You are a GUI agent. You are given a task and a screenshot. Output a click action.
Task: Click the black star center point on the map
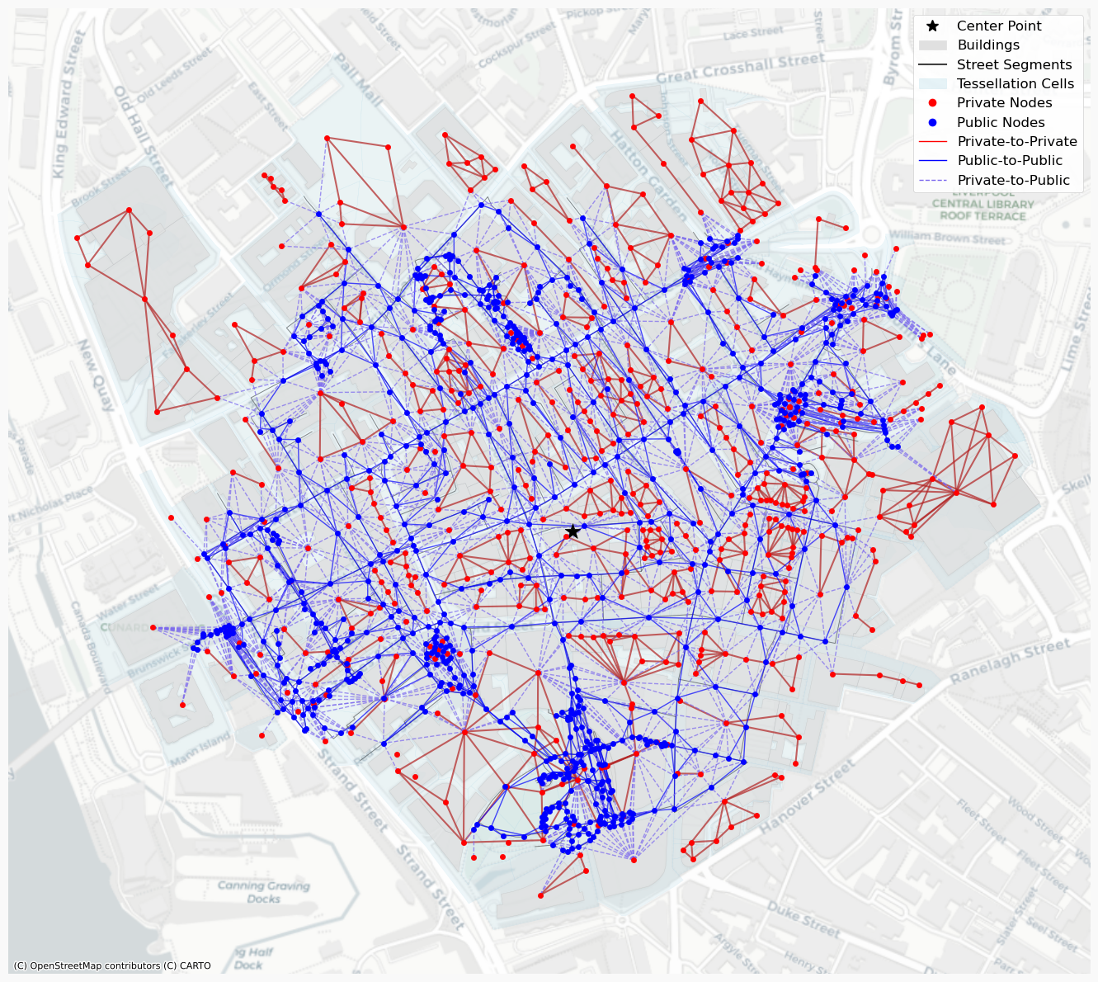tap(573, 531)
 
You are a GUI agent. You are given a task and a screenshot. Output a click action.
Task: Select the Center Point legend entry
tap(998, 26)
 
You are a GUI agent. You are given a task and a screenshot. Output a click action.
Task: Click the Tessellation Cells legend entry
tap(1015, 83)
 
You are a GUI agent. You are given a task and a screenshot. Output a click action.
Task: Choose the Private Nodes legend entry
tap(1004, 103)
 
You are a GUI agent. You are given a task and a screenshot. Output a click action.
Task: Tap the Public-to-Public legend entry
tap(1009, 161)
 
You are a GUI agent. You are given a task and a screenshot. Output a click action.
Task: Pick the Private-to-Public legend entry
tap(1013, 180)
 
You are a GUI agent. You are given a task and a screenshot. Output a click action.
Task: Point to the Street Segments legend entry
tap(1014, 64)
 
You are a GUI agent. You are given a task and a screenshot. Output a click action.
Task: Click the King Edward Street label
tap(69, 103)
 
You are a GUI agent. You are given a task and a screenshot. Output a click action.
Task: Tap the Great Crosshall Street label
tap(740, 68)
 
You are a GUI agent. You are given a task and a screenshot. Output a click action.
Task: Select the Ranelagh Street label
tap(1011, 661)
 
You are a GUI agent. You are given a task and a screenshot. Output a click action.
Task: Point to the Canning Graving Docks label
tap(264, 892)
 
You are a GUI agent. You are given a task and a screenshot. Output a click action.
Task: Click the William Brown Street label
tap(947, 238)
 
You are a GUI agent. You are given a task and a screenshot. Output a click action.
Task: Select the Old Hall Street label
tap(144, 135)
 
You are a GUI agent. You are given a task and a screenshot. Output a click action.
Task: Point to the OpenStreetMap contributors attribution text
tap(112, 965)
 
